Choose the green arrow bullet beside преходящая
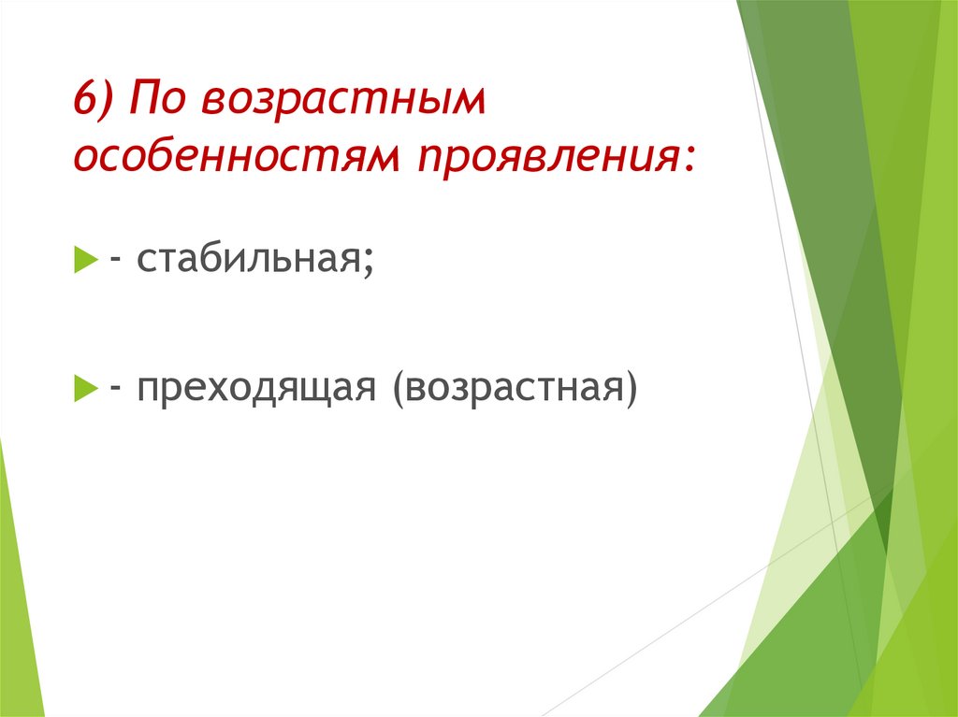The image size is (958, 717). click(84, 385)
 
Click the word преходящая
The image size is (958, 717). click(257, 385)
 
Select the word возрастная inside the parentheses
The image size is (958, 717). click(514, 385)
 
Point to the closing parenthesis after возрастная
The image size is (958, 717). click(630, 385)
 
